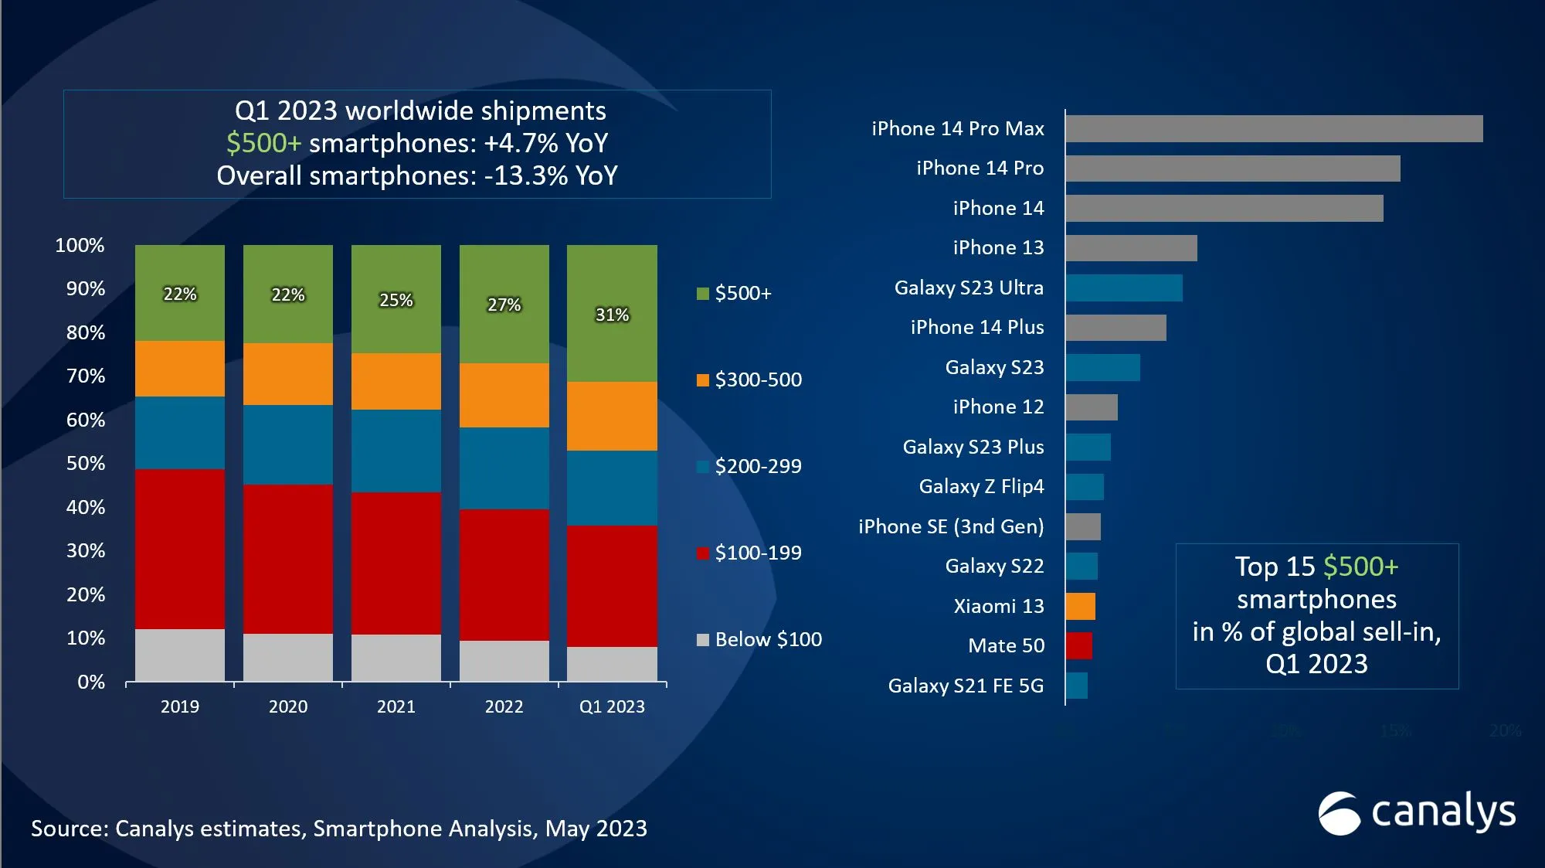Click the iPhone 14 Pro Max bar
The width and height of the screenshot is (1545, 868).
point(1273,128)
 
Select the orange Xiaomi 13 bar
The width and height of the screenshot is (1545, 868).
point(1080,606)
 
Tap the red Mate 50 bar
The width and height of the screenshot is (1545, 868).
point(1078,645)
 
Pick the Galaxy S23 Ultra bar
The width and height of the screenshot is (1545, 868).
point(1123,288)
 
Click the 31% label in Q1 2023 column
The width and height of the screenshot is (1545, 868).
point(612,315)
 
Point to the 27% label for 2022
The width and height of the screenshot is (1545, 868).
point(504,305)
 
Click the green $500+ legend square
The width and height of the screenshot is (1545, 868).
point(702,294)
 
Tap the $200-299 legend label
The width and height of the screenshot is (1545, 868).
point(758,466)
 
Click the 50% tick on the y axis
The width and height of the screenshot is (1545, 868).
point(85,463)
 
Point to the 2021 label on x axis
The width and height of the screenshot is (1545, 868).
point(396,706)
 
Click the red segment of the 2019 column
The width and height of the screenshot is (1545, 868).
point(179,549)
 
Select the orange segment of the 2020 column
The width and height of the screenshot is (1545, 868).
point(287,374)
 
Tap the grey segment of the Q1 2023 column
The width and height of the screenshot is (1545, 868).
point(612,664)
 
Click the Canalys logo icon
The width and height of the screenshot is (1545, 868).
point(1338,813)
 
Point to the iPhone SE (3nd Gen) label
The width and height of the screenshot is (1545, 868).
point(950,526)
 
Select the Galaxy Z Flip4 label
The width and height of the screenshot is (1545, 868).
point(981,486)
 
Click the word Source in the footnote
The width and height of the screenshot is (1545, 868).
point(68,829)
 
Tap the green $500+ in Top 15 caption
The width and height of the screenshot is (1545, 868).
point(1360,567)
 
